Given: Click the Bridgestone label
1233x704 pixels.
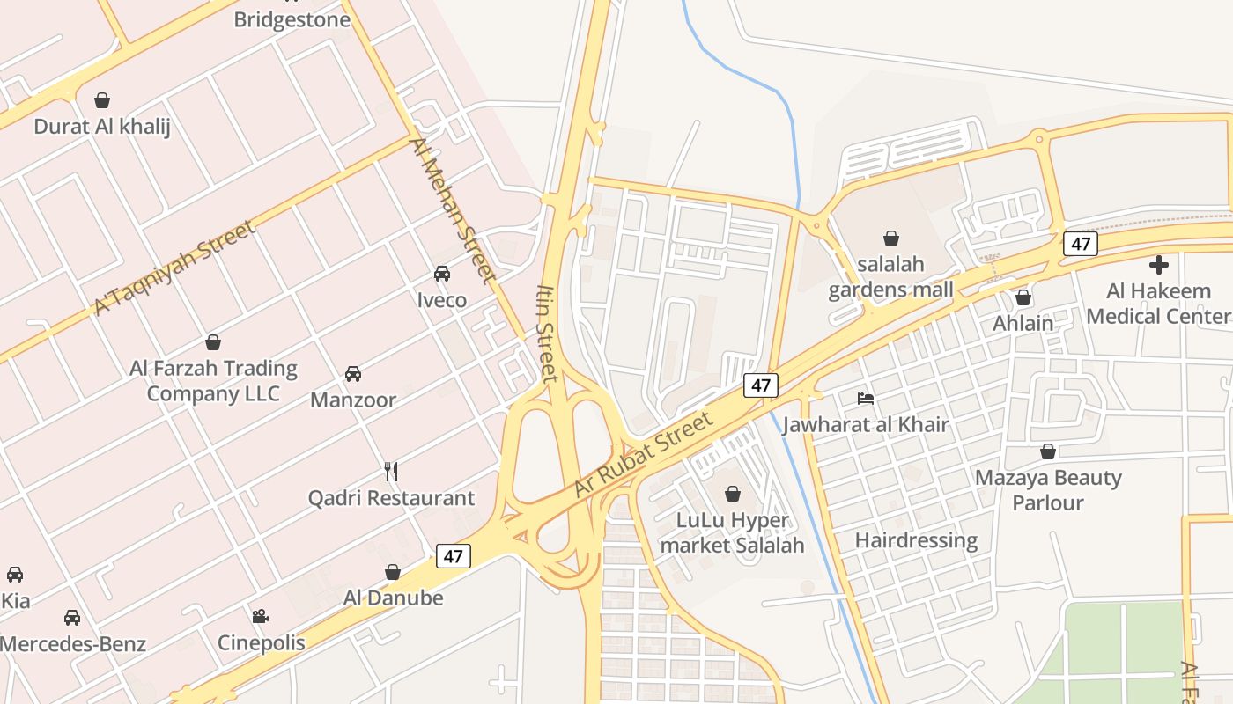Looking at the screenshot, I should pyautogui.click(x=292, y=19).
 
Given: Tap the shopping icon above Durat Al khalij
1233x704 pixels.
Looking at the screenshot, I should pyautogui.click(x=102, y=100).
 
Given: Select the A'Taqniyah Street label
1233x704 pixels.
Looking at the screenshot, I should pyautogui.click(x=174, y=267).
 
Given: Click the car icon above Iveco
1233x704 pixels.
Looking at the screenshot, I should pyautogui.click(x=442, y=274).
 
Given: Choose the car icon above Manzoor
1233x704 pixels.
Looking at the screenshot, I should pyautogui.click(x=353, y=374).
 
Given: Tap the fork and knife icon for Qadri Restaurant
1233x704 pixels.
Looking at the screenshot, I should pyautogui.click(x=391, y=472).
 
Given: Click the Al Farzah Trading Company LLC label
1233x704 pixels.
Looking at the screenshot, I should pyautogui.click(x=213, y=380).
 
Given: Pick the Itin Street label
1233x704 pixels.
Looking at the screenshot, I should pyautogui.click(x=547, y=333).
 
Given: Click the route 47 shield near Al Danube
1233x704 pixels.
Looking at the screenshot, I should pyautogui.click(x=453, y=556).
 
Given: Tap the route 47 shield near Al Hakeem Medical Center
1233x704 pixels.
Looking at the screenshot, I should pyautogui.click(x=1080, y=244).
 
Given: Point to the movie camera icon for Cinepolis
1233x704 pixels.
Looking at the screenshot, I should pyautogui.click(x=260, y=616).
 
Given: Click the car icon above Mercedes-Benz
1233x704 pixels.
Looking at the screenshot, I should pyautogui.click(x=72, y=618).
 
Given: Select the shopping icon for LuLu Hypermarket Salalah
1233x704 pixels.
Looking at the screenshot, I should pyautogui.click(x=732, y=494).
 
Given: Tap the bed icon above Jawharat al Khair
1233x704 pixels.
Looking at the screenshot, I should pyautogui.click(x=866, y=399).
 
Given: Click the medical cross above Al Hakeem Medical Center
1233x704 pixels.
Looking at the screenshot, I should pyautogui.click(x=1159, y=264).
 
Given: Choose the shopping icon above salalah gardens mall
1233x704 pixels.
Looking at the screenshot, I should pyautogui.click(x=891, y=238).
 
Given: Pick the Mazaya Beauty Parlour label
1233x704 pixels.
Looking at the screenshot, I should pyautogui.click(x=1048, y=490).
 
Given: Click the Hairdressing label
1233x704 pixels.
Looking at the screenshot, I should pyautogui.click(x=916, y=539).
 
